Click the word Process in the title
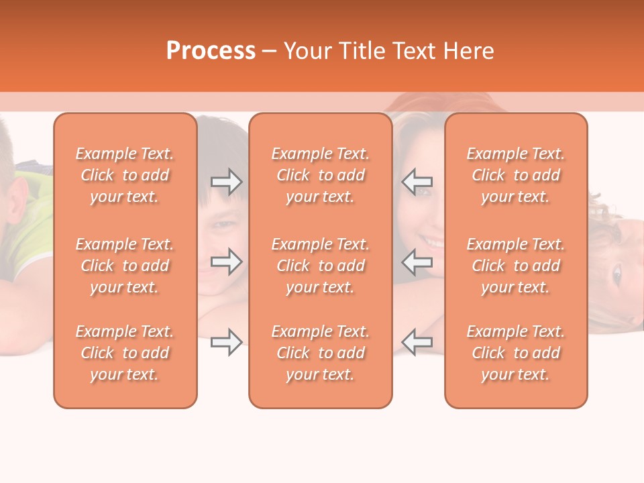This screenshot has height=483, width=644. point(211,51)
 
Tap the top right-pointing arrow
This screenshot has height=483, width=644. point(227,182)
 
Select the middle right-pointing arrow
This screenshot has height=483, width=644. point(227,262)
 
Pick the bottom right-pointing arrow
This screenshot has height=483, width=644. point(227,342)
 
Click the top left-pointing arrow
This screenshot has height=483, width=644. point(417,182)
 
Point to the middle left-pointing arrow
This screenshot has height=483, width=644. point(417,262)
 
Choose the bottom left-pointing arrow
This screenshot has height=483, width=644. point(417,342)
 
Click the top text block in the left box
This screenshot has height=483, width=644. point(125,175)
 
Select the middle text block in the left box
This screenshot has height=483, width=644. point(125,266)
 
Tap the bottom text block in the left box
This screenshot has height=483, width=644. point(125,353)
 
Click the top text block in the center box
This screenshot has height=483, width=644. point(321,175)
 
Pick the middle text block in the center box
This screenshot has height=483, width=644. point(321,266)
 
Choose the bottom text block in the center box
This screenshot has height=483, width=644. point(321,353)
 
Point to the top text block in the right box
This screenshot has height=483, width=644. point(516,175)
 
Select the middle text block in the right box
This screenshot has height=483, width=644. point(516,266)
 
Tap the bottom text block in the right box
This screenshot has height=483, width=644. point(516,353)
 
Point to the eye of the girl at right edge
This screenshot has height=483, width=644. point(616,274)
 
